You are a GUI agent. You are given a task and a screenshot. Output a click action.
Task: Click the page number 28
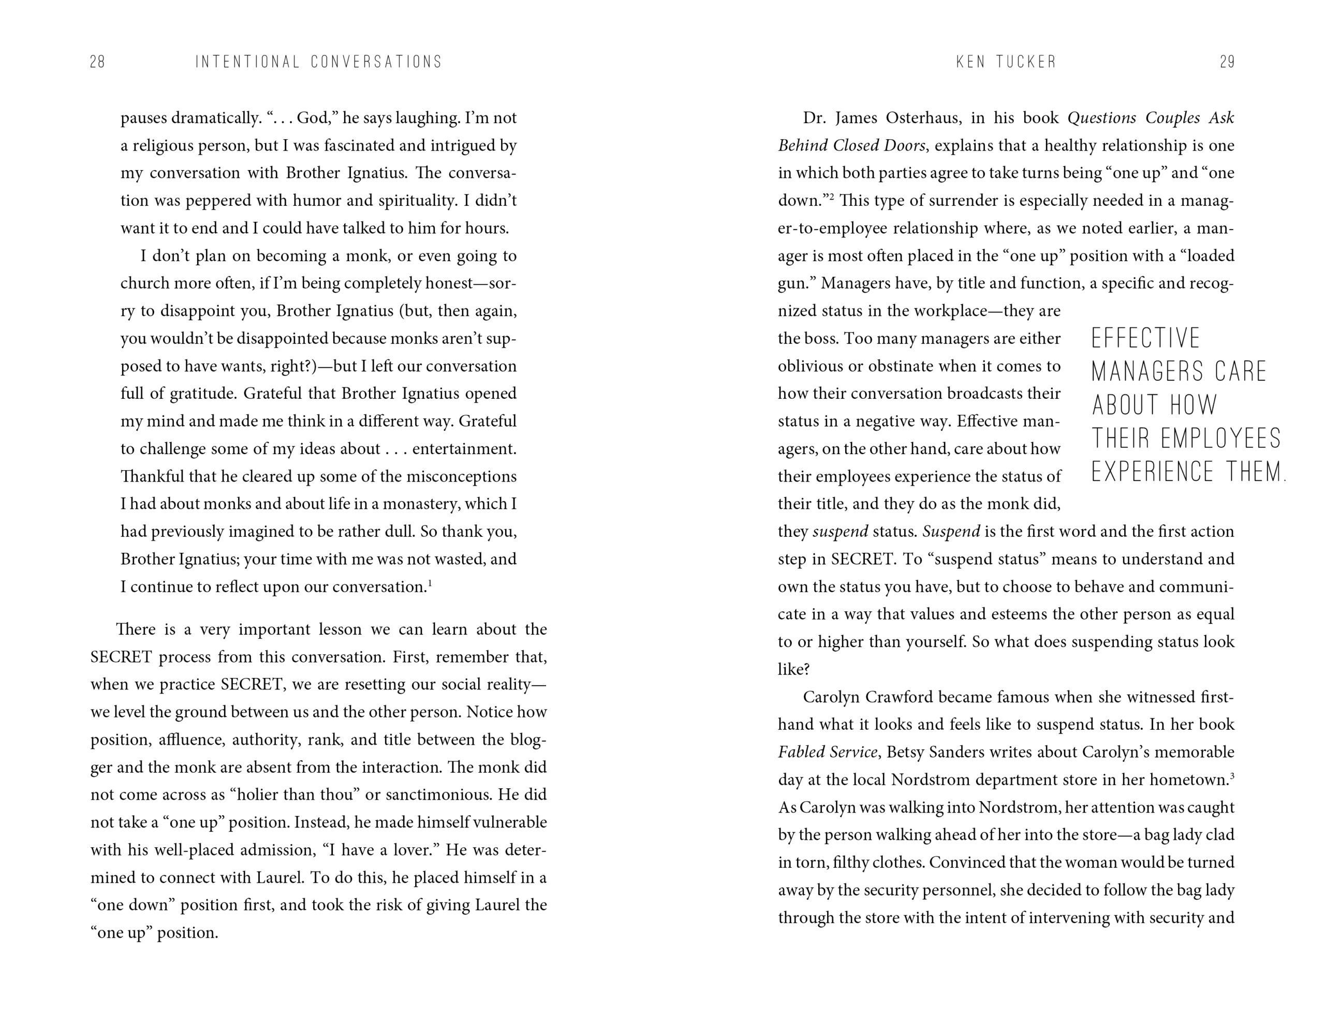[98, 62]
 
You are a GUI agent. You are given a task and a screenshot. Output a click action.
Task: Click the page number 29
[1227, 62]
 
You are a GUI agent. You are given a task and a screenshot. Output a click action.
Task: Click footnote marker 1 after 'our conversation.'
[430, 583]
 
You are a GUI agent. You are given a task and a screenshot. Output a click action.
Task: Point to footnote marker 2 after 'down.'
[832, 197]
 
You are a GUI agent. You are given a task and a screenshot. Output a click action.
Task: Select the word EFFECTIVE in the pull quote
[1145, 338]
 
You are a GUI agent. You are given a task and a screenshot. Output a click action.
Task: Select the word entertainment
[464, 449]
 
